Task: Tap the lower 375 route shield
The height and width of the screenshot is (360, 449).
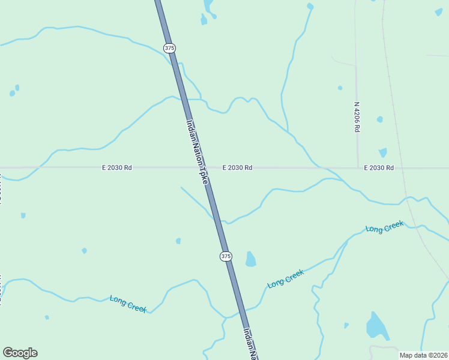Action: pyautogui.click(x=225, y=256)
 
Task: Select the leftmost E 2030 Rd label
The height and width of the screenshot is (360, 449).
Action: pyautogui.click(x=116, y=168)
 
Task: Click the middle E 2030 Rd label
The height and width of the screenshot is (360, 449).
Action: pyautogui.click(x=237, y=168)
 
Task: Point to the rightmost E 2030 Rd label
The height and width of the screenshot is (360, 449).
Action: pyautogui.click(x=379, y=168)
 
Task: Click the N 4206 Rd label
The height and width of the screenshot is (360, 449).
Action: pyautogui.click(x=357, y=117)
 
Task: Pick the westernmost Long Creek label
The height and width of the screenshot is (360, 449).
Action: pyautogui.click(x=128, y=303)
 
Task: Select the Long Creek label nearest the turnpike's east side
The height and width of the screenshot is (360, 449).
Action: pyautogui.click(x=286, y=278)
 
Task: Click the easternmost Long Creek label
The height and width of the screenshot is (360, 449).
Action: pyautogui.click(x=385, y=227)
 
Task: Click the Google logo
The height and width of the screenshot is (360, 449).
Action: pyautogui.click(x=20, y=353)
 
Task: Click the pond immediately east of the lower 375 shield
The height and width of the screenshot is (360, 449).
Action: pyautogui.click(x=250, y=259)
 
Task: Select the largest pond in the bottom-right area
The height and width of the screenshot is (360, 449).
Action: pyautogui.click(x=376, y=326)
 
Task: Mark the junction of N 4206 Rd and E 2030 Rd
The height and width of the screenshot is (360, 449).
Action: pyautogui.click(x=358, y=167)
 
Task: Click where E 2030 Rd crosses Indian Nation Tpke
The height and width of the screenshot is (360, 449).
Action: pyautogui.click(x=202, y=167)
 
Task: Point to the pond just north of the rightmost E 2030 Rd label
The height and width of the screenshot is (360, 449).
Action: pyautogui.click(x=382, y=152)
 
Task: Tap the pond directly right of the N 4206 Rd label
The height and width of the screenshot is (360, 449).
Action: pyautogui.click(x=379, y=119)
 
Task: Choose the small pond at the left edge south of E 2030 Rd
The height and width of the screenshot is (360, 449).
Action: pyautogui.click(x=23, y=215)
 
